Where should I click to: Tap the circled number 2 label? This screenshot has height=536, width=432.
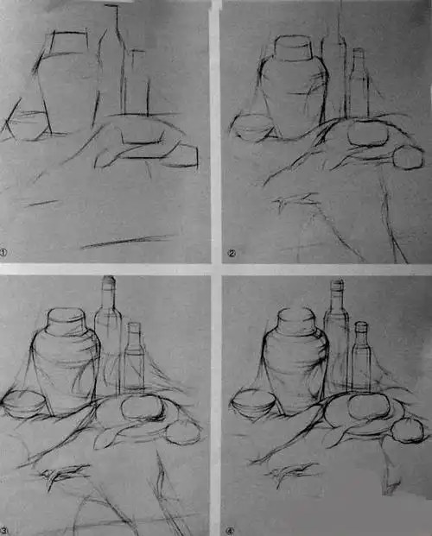(232, 253)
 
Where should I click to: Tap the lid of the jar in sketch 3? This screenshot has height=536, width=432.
(66, 322)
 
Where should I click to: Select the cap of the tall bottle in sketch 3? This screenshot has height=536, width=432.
(109, 284)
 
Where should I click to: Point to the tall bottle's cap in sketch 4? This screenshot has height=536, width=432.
(337, 287)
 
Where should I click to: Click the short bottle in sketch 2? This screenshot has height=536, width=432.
(358, 86)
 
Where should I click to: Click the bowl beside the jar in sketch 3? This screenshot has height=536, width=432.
(24, 402)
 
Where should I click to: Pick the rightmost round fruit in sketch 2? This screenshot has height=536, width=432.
(404, 158)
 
